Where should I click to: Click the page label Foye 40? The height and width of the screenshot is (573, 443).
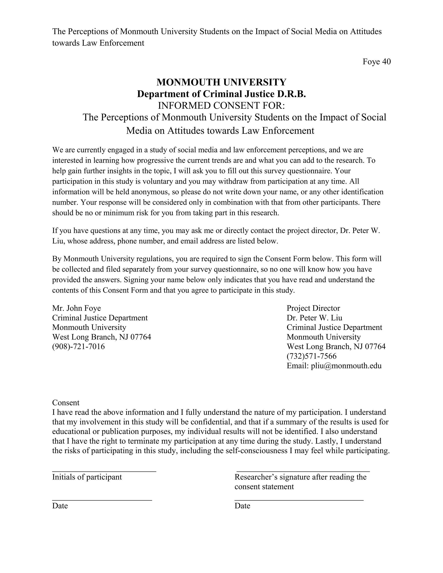376,62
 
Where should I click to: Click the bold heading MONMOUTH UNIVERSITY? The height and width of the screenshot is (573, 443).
221,82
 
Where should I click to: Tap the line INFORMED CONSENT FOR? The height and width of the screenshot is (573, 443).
221,106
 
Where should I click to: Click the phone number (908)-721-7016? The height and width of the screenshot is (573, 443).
79,347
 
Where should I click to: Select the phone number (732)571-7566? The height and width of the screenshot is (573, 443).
311,356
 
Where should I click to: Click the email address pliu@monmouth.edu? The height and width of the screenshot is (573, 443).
346,366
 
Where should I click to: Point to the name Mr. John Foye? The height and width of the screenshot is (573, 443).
76,308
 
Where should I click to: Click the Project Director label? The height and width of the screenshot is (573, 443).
313,308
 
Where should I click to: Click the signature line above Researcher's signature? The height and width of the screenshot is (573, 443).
303,471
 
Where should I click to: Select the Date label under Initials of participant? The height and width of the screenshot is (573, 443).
60,506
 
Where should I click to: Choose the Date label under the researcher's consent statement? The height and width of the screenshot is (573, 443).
242,506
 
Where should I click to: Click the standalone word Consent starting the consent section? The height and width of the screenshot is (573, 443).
66,403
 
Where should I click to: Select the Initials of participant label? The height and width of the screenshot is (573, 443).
87,477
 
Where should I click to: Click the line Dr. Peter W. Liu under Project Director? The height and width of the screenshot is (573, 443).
314,318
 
